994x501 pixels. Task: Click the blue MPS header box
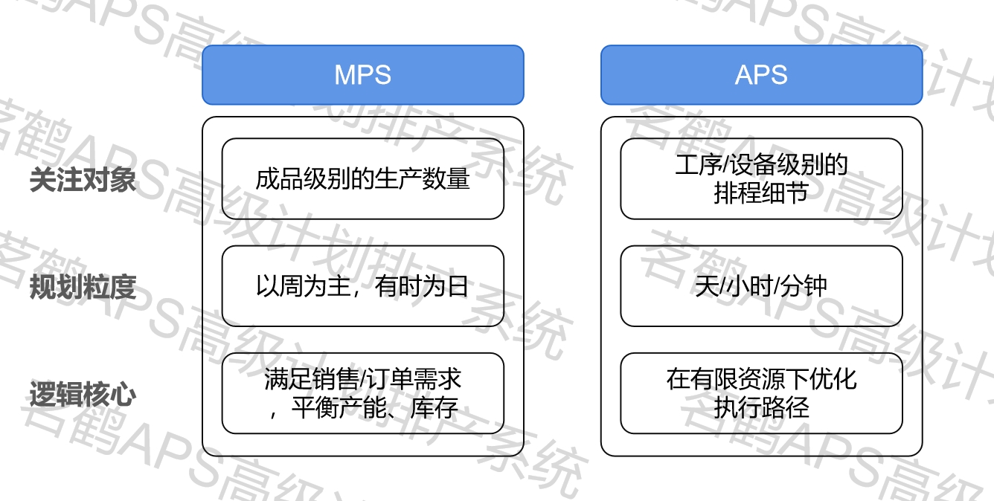click(x=362, y=75)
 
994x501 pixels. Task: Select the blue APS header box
click(x=761, y=75)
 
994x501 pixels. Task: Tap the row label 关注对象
click(x=83, y=180)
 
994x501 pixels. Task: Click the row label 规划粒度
click(x=83, y=287)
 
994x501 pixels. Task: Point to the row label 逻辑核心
click(x=83, y=394)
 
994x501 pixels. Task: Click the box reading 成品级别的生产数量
click(x=362, y=179)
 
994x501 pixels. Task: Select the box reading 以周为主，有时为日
click(x=362, y=286)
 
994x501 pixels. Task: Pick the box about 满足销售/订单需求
click(x=362, y=393)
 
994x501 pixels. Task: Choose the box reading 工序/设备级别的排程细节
click(x=761, y=179)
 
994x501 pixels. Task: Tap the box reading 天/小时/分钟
click(x=761, y=286)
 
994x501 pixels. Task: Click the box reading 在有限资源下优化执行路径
click(x=761, y=393)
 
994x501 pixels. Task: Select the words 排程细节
click(x=761, y=193)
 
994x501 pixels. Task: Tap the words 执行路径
click(x=761, y=407)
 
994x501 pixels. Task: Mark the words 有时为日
click(x=423, y=286)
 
